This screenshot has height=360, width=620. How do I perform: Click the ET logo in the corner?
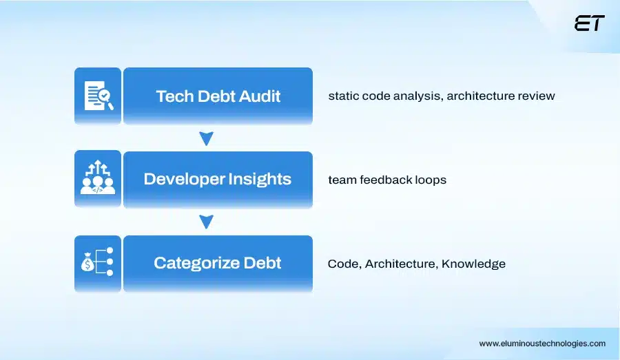(589, 23)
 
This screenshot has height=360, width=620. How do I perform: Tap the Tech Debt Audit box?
(218, 96)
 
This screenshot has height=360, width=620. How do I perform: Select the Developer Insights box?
(218, 180)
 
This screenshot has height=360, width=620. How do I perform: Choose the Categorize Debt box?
(218, 264)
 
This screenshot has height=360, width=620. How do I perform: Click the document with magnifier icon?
(98, 96)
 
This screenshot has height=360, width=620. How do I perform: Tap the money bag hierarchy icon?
(98, 263)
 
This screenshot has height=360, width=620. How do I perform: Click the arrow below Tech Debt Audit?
(205, 139)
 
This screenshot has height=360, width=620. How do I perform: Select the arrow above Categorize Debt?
(205, 222)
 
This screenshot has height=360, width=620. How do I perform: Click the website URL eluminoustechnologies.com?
(542, 343)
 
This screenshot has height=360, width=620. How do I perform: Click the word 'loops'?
(431, 180)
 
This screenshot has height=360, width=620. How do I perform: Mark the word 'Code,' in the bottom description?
(344, 264)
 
